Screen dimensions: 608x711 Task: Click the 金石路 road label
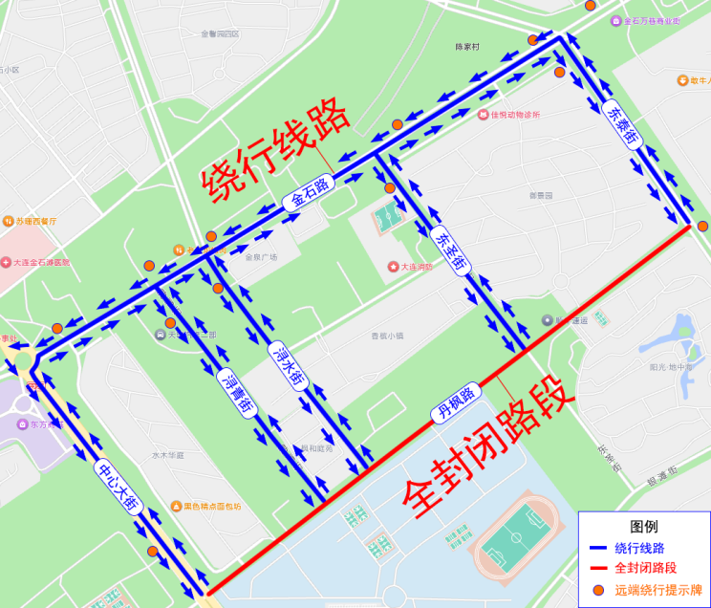pos(310,194)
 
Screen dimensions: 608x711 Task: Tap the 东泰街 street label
pos(622,124)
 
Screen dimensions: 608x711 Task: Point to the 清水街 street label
pos(287,365)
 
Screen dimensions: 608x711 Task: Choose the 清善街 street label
pos(236,392)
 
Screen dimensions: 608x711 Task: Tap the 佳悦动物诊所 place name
pos(515,115)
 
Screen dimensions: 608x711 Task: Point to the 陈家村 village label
pos(467,46)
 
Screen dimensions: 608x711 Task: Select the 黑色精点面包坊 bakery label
pos(212,506)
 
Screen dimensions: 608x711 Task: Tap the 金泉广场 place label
pos(261,257)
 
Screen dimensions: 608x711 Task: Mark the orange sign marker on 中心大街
pos(152,551)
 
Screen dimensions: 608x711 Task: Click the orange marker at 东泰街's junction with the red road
pos(703,227)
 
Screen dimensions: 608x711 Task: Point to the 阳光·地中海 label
pos(670,367)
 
